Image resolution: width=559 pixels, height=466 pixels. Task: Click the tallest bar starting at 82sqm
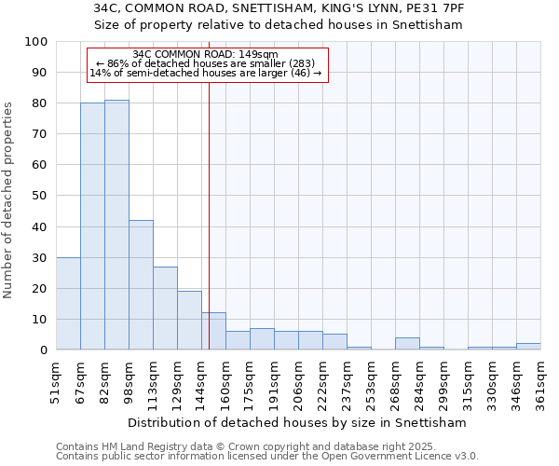[x=116, y=225]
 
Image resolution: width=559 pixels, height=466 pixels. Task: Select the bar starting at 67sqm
[x=92, y=226]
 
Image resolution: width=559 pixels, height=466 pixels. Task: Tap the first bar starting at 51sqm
[x=68, y=304]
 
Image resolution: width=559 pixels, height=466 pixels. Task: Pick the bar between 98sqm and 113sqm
[x=141, y=285]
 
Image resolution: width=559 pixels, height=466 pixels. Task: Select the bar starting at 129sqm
[x=189, y=321]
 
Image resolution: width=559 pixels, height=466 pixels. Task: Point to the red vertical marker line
[x=210, y=214]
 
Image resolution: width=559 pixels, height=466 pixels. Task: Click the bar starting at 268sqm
[x=407, y=344]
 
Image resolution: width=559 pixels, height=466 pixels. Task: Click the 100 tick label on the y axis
[x=36, y=42]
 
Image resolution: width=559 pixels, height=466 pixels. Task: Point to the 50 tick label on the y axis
[x=40, y=196]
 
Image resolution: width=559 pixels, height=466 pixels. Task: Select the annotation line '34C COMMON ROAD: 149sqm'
[x=205, y=54]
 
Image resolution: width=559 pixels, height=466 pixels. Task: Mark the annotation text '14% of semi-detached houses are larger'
[x=198, y=73]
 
